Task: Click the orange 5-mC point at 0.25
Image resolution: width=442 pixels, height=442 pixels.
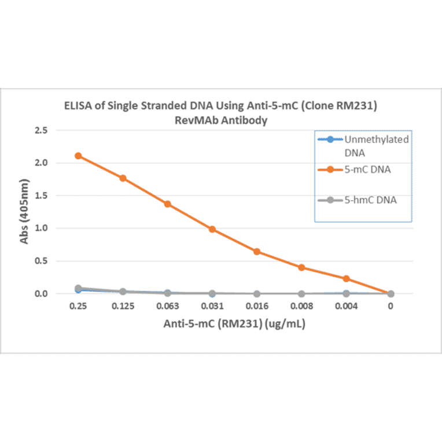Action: [x=78, y=156]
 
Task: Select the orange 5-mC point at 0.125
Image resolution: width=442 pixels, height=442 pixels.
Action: [x=123, y=178]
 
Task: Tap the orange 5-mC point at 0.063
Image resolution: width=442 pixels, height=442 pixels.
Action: [x=167, y=204]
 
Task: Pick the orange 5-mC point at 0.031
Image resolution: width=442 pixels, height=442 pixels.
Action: [x=212, y=229]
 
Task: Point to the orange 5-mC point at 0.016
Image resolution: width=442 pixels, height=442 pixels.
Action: [x=257, y=251]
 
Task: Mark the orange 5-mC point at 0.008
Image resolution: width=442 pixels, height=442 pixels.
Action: [x=301, y=267]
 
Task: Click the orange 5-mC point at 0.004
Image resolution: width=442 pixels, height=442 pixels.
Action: [x=346, y=278]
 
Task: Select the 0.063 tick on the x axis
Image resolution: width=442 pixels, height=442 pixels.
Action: [x=167, y=307]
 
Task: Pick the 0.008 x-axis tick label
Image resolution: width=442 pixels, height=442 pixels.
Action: [x=301, y=307]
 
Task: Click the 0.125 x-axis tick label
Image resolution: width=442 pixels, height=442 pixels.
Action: [x=123, y=307]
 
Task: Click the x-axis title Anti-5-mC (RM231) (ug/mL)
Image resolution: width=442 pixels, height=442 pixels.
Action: [x=234, y=325]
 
